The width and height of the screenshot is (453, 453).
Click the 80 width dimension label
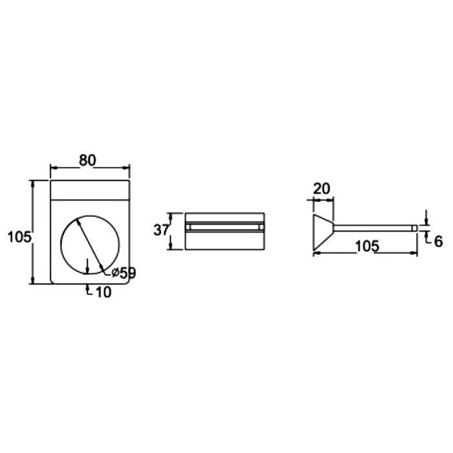coord(87,160)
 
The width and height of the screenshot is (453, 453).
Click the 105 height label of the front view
coord(19,238)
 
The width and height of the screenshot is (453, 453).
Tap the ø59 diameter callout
coord(124,272)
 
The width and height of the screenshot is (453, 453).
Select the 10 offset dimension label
coord(103,293)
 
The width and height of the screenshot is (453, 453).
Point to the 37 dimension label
coord(161,230)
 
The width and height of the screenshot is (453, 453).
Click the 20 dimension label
coord(321,189)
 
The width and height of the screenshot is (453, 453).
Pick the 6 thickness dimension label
coord(438,241)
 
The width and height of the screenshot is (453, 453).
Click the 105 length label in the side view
coord(367,247)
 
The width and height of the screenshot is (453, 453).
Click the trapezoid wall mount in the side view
coord(324,232)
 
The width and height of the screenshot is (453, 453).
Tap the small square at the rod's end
coord(415,228)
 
